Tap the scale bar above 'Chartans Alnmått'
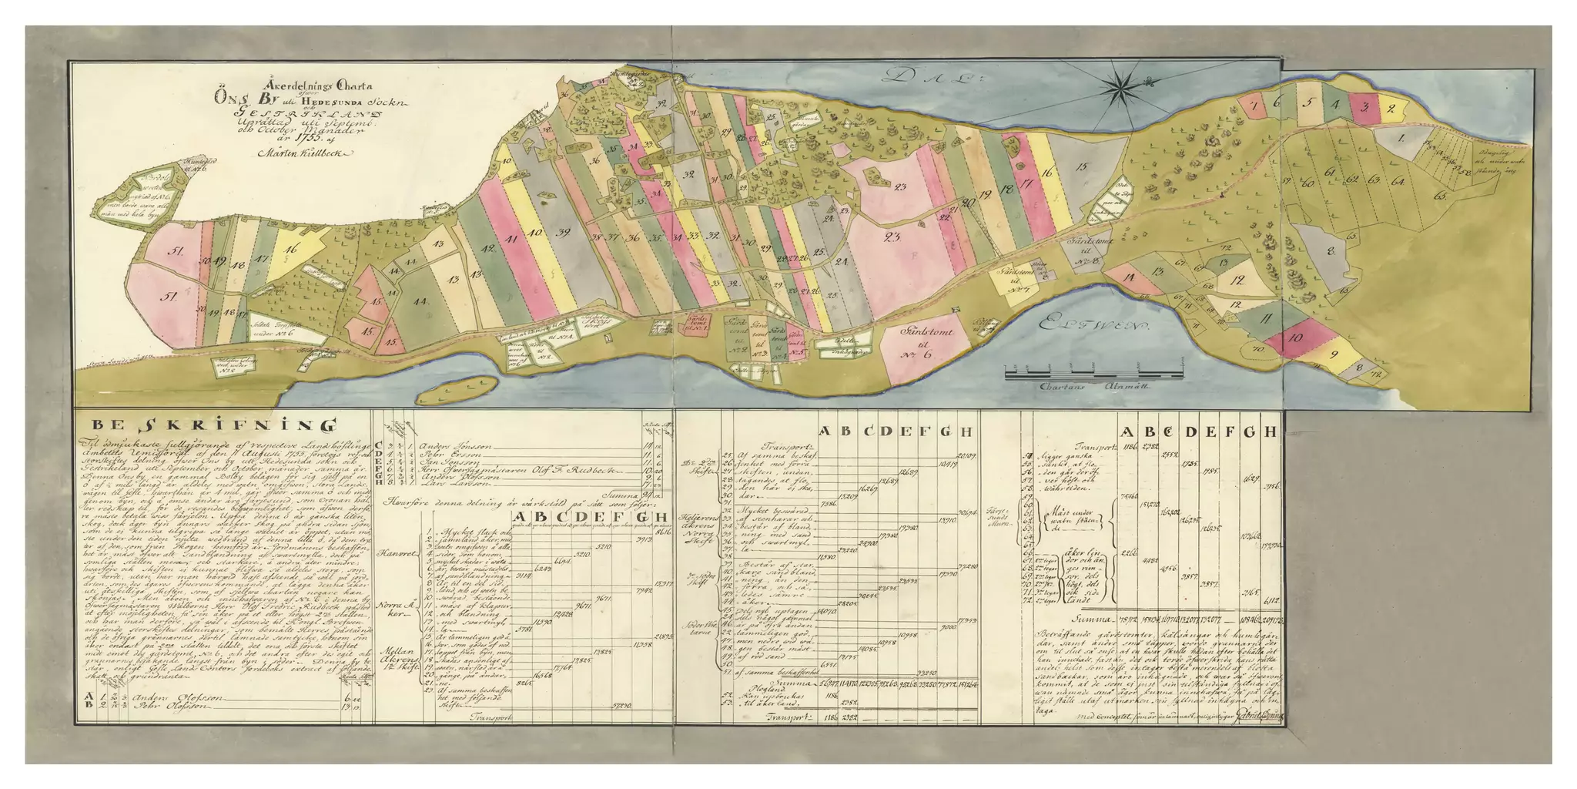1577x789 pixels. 1093,374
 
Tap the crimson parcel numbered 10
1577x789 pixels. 1297,337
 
